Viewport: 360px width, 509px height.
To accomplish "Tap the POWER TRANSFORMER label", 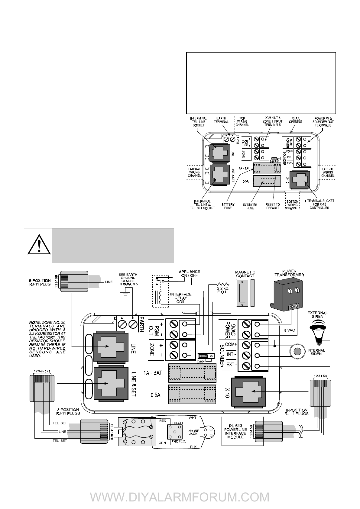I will pos(289,273).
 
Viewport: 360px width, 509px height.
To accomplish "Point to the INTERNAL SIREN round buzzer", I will pos(297,351).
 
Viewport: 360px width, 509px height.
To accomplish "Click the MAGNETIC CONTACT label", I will pos(245,274).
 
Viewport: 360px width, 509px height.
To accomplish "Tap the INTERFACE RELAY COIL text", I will pos(181,298).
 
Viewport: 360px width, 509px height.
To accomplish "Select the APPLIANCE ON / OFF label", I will pos(189,273).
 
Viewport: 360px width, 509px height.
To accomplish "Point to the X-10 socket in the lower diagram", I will pos(248,391).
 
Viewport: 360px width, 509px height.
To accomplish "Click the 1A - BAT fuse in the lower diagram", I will pos(192,373).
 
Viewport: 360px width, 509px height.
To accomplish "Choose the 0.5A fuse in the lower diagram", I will pos(192,395).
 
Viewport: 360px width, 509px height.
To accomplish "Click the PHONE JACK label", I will pos(193,432).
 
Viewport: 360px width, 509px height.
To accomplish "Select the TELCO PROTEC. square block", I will pos(175,432).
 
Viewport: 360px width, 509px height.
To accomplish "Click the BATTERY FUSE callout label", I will pos(228,206).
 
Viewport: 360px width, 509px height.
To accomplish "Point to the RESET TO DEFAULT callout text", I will pos(273,206).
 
